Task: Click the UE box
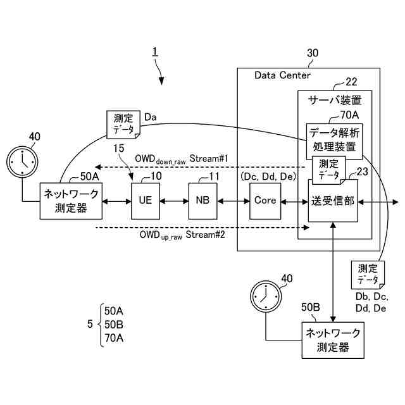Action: [x=145, y=200]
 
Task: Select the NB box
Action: [x=202, y=200]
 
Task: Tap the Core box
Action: [x=265, y=200]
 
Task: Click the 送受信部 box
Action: [x=333, y=201]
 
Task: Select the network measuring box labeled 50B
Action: [x=333, y=340]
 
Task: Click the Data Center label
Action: [x=282, y=76]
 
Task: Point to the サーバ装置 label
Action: [x=335, y=100]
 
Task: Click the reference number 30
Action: [x=313, y=54]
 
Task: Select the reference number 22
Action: [x=351, y=81]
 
